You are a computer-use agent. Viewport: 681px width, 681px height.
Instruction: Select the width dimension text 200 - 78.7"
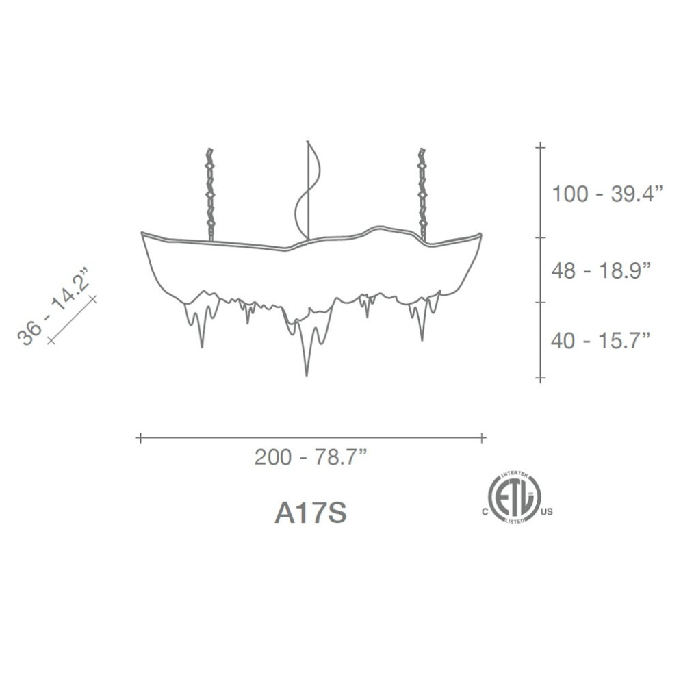311,457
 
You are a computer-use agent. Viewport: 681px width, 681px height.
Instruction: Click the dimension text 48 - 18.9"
601,270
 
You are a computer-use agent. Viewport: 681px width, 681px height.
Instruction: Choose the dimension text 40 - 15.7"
601,340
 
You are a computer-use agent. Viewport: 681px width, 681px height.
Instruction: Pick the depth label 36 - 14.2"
53,306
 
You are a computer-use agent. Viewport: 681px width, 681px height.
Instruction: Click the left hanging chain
211,194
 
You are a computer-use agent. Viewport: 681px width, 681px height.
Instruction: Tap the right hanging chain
422,194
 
